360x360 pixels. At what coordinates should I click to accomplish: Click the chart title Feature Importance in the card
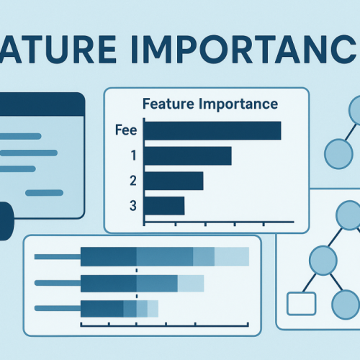point(210,104)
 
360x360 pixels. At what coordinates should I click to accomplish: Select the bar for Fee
point(212,130)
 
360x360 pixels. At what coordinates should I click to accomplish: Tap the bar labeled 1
point(188,156)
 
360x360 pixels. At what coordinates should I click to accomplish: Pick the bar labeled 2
point(174,181)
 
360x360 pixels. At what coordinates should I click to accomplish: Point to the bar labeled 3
point(164,206)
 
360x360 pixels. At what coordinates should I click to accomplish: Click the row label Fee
point(126,130)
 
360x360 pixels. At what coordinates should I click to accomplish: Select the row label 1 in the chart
point(132,156)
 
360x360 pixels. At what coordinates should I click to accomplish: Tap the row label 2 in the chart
point(132,181)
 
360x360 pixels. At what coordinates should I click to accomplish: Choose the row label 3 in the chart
point(132,206)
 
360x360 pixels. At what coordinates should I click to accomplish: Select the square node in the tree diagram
point(301,303)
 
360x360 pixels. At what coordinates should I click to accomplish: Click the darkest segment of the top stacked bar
point(109,257)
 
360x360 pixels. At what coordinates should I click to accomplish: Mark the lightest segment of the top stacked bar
point(232,257)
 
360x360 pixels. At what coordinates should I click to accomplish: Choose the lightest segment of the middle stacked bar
point(191,284)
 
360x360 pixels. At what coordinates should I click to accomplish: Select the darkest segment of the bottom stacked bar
point(102,309)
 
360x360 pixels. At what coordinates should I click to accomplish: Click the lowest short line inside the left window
point(44,192)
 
